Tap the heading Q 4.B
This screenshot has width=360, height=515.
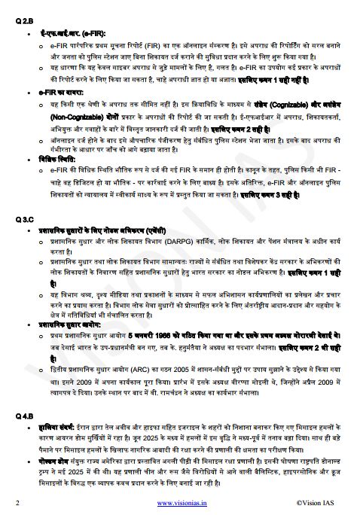(25, 416)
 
